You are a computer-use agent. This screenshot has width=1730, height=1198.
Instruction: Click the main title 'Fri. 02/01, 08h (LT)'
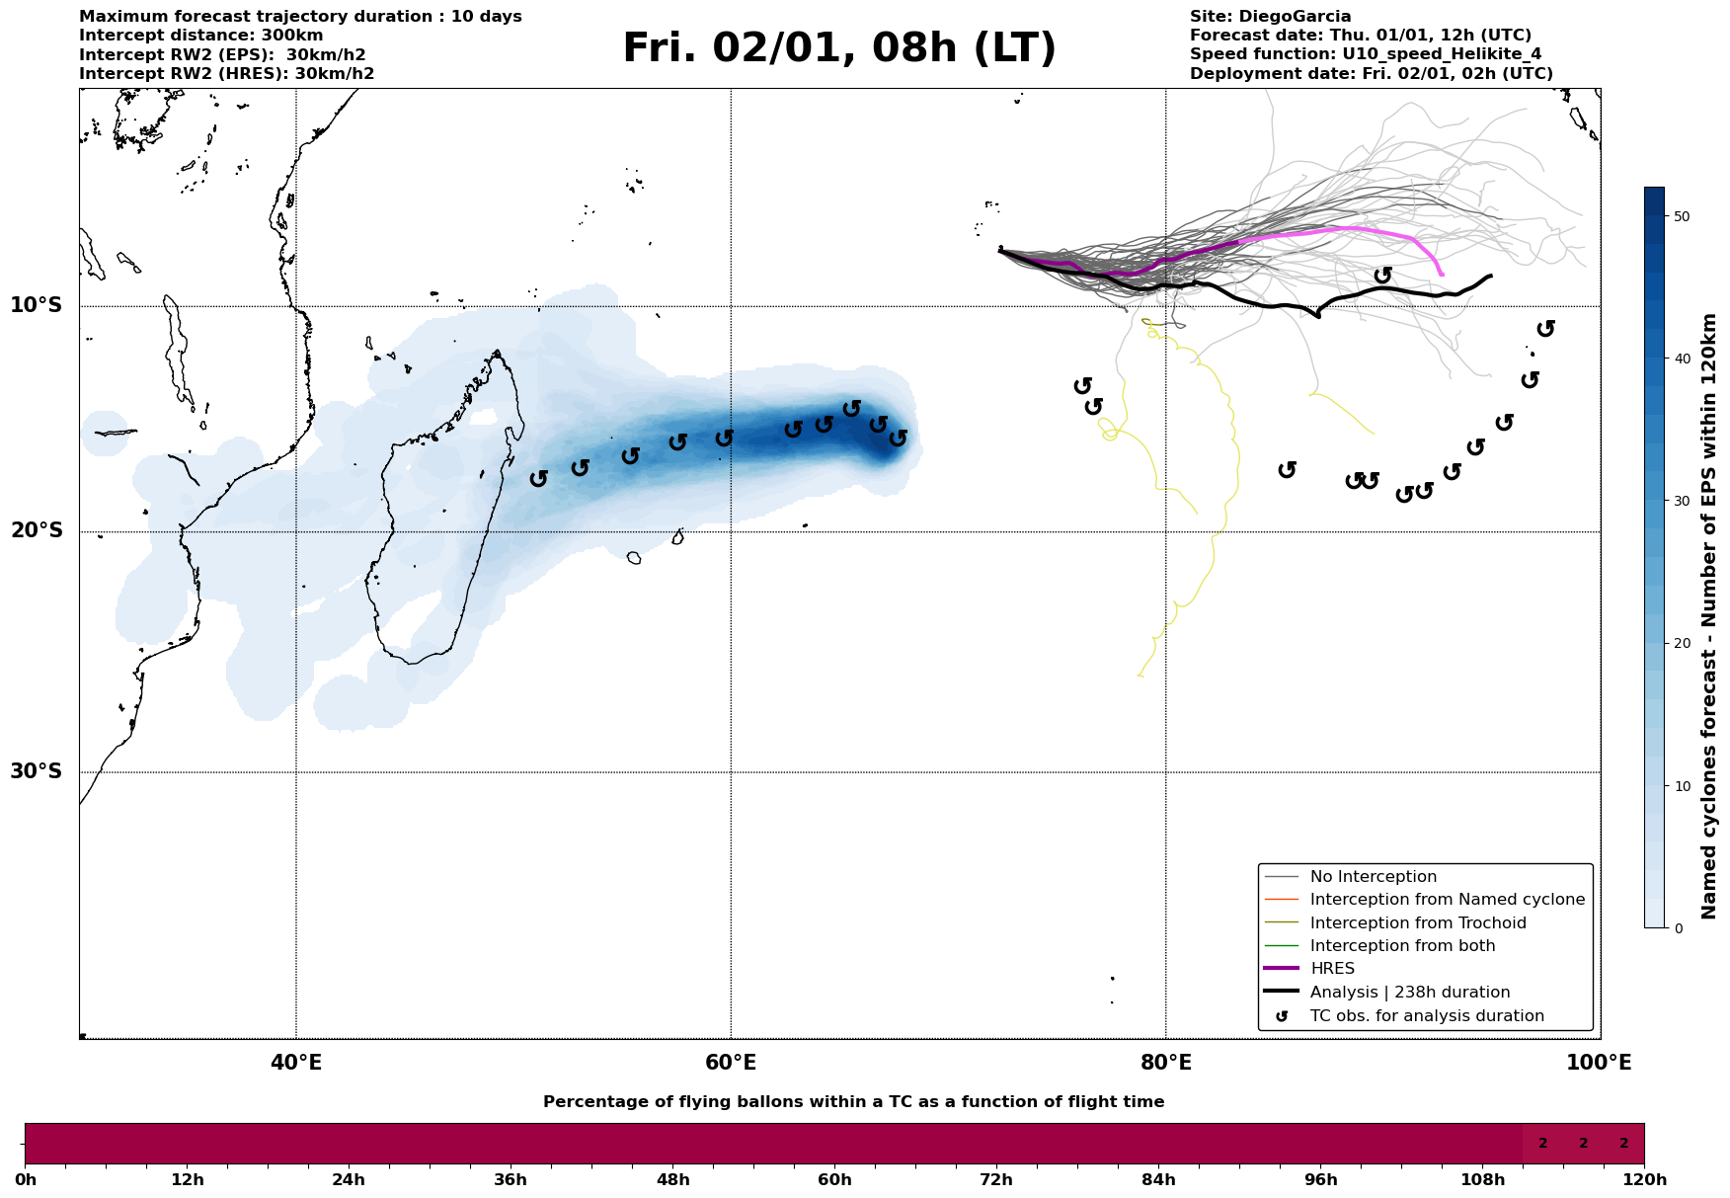coord(839,48)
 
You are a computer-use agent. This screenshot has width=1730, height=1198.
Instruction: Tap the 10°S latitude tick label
coord(37,305)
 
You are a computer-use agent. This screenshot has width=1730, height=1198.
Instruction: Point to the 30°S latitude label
coord(37,771)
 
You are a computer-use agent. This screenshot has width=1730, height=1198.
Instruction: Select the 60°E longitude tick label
coord(731,1063)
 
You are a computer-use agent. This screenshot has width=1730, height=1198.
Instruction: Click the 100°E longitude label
coord(1600,1063)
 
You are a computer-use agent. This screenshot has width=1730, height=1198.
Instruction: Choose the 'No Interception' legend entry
coord(1373,877)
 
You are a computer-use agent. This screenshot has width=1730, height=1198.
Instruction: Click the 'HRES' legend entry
coord(1332,969)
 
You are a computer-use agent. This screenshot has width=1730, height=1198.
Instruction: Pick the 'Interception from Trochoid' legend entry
coord(1417,923)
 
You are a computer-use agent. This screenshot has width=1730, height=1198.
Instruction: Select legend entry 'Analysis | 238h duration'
coord(1409,993)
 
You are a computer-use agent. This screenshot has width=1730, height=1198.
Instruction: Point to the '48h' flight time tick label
coord(672,1180)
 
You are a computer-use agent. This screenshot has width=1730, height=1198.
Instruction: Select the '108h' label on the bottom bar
coord(1482,1180)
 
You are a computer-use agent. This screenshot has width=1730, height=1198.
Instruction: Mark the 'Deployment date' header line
coord(1371,74)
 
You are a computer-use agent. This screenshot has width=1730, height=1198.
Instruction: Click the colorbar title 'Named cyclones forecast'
coord(1709,616)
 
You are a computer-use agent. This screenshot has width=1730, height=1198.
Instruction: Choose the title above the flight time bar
coord(853,1102)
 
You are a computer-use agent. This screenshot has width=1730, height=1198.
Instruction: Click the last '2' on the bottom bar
coord(1623,1144)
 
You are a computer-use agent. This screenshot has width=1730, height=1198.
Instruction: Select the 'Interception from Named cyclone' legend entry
coord(1447,900)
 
